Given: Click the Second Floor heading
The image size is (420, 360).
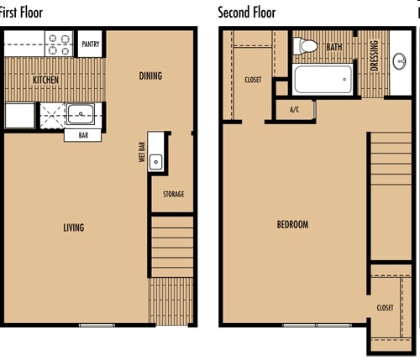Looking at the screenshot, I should [246, 13].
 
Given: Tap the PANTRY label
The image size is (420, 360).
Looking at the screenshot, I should [90, 44].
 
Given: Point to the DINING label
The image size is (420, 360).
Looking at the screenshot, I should [150, 76].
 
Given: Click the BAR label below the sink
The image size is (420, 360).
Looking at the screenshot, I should [83, 133].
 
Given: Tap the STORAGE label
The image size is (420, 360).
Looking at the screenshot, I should [174, 195].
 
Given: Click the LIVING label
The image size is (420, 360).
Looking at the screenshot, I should [73, 227].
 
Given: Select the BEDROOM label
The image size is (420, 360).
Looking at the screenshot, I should [292, 225].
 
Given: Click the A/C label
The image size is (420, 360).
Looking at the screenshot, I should [295, 110].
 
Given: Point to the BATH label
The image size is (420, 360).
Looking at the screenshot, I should [333, 47].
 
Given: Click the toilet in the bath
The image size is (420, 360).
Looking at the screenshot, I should [308, 46].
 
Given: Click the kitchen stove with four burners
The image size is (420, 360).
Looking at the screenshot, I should [60, 44].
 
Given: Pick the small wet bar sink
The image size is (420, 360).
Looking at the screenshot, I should [155, 163].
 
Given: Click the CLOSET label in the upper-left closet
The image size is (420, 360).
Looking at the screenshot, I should [253, 81].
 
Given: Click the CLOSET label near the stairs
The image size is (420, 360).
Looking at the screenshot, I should [385, 308].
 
